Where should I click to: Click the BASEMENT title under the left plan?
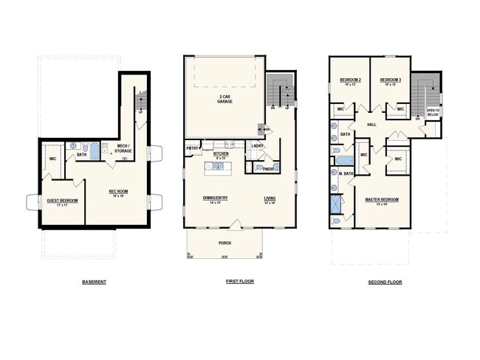pos(93,282)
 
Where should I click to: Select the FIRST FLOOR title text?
pos(239,282)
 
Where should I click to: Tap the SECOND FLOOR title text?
pos(385,282)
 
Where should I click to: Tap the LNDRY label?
pos(258,145)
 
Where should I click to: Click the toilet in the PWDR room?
pos(258,167)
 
